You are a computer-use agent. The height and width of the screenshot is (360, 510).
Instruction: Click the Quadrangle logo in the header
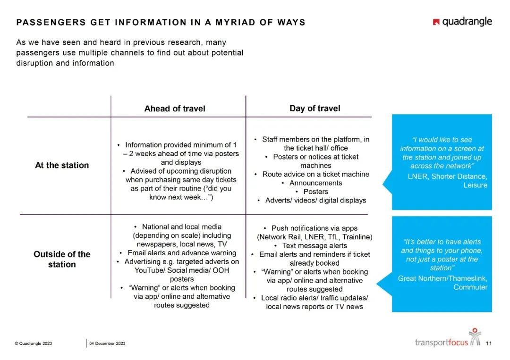[462, 22]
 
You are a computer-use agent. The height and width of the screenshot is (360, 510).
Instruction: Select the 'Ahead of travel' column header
[175, 109]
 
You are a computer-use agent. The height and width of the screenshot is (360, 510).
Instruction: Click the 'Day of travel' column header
[314, 109]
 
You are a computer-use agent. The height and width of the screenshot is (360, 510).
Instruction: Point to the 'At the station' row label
[62, 165]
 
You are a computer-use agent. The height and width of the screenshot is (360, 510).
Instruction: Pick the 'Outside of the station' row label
[62, 259]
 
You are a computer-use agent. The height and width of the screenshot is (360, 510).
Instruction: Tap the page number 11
[489, 343]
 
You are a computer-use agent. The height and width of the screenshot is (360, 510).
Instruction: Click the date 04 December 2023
[108, 343]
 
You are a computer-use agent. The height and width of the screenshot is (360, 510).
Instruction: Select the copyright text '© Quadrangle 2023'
[34, 343]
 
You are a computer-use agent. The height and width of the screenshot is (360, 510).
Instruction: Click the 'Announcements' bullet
[315, 183]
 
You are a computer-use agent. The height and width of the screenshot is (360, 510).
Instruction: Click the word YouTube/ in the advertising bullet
[149, 270]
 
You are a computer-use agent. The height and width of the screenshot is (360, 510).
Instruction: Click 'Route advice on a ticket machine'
[315, 174]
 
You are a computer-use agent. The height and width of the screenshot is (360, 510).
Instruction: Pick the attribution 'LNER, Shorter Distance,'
[447, 176]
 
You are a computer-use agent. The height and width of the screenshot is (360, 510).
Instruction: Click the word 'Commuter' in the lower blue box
[470, 287]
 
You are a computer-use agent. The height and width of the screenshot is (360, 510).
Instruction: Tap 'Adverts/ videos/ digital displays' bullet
[315, 201]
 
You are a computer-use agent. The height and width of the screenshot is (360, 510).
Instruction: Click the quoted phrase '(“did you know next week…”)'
[182, 193]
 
